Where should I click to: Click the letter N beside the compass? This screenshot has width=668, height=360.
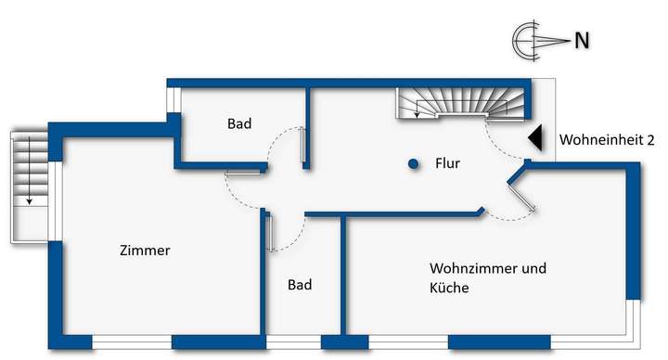click(583, 40)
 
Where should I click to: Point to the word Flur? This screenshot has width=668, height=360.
click(448, 164)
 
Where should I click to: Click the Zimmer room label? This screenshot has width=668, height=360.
click(145, 251)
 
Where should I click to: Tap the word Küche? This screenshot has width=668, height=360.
click(449, 289)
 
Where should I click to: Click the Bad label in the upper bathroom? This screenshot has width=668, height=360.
click(239, 123)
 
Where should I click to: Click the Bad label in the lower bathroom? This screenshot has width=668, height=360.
click(300, 285)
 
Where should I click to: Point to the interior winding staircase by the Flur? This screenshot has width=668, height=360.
click(460, 103)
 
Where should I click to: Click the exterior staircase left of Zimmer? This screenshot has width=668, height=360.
click(28, 186)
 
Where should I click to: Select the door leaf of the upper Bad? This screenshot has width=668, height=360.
click(303, 147)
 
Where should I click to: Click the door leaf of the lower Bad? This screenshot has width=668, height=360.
click(268, 232)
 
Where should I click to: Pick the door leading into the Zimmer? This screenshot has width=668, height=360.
click(247, 172)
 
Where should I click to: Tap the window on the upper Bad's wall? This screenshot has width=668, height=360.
click(171, 98)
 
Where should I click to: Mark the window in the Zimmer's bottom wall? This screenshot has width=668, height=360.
click(132, 343)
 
